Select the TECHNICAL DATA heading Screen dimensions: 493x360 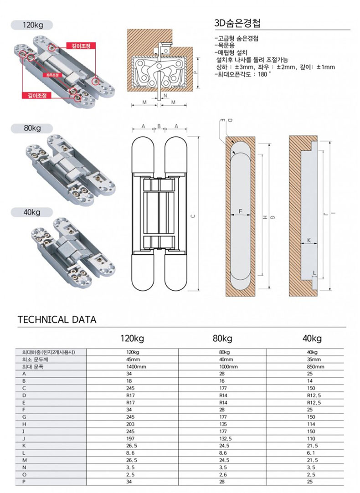[57, 319]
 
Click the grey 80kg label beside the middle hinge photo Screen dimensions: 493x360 [32, 128]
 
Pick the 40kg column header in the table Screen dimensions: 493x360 [312, 339]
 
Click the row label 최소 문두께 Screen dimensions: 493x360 [31, 359]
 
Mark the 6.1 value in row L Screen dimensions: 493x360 [312, 453]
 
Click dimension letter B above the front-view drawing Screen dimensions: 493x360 [159, 126]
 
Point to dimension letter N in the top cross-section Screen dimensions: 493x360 [165, 96]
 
